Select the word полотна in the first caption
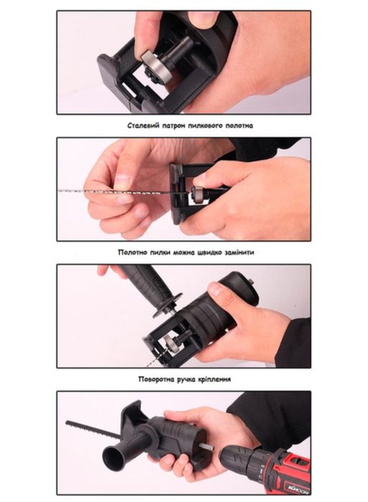[239, 126]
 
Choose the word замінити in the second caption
[239, 252]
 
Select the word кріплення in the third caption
[214, 379]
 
